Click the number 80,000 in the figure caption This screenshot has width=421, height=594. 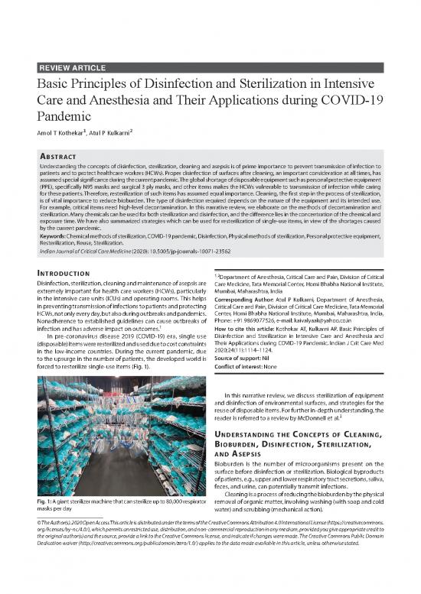click(171, 522)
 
